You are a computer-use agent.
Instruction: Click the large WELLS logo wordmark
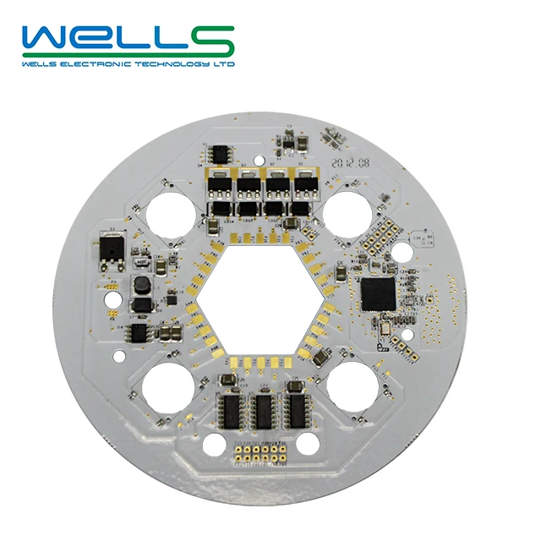click(x=128, y=40)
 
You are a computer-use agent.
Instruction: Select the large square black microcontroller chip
click(x=379, y=292)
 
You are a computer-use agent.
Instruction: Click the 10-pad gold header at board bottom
click(x=260, y=452)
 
